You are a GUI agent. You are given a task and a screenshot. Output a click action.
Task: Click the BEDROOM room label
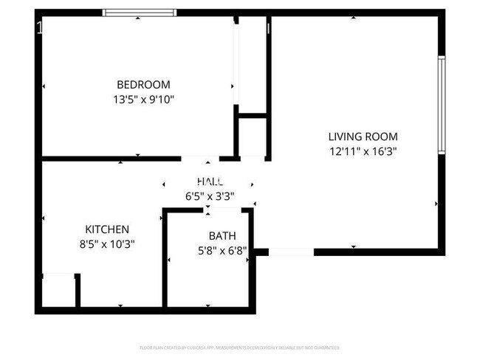click(x=143, y=84)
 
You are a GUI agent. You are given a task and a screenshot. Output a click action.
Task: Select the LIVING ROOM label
click(x=363, y=136)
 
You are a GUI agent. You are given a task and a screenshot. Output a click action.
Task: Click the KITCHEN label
click(x=107, y=229)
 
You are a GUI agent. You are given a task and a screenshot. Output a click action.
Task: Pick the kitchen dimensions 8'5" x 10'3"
click(x=107, y=243)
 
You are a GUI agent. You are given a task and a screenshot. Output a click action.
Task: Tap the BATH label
click(x=222, y=236)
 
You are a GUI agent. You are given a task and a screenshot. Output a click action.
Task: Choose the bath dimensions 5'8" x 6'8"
click(x=222, y=250)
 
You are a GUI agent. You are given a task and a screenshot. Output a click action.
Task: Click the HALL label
click(x=210, y=181)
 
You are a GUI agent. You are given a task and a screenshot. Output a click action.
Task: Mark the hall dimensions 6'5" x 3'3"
click(x=210, y=196)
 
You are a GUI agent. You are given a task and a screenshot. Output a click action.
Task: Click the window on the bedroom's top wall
click(x=140, y=13)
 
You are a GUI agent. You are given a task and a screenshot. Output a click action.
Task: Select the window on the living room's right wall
click(x=441, y=105)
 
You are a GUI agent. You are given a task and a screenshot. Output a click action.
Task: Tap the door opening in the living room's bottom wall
click(x=291, y=252)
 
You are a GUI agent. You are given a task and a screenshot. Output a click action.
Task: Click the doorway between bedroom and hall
click(x=200, y=158)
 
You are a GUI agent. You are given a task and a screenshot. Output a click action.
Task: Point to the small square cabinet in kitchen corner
click(x=58, y=290)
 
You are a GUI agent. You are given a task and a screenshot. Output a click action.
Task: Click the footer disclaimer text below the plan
click(x=239, y=347)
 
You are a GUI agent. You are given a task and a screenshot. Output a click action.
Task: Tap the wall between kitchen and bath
click(x=165, y=258)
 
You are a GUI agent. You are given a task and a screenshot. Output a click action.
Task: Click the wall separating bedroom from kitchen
click(x=111, y=158)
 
